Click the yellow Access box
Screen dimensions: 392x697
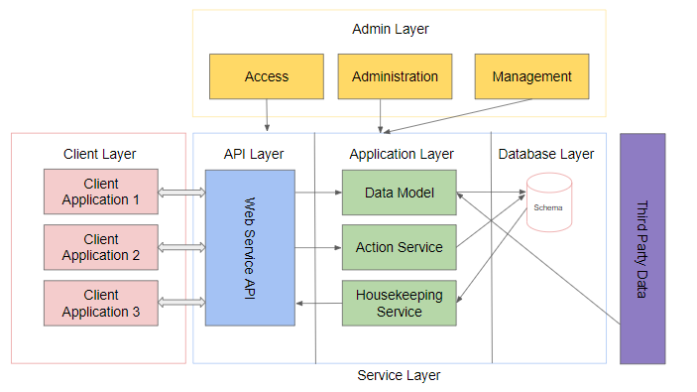266,76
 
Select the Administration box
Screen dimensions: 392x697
395,76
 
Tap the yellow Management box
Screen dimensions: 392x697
531,76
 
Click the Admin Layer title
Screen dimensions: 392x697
391,29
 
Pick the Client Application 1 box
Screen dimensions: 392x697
100,192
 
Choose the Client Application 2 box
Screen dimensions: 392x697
100,247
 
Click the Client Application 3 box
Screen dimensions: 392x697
100,303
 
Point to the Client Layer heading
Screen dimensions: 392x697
99,154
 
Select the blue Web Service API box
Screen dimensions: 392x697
249,247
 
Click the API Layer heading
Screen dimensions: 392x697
254,154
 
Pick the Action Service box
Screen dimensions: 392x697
399,247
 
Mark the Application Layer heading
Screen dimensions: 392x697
402,154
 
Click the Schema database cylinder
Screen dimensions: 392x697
548,204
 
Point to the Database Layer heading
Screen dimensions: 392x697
546,154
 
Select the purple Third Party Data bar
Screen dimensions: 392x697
642,248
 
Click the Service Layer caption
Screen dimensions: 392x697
399,375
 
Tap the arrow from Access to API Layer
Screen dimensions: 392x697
266,115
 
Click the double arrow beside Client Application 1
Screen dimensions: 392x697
181,192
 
